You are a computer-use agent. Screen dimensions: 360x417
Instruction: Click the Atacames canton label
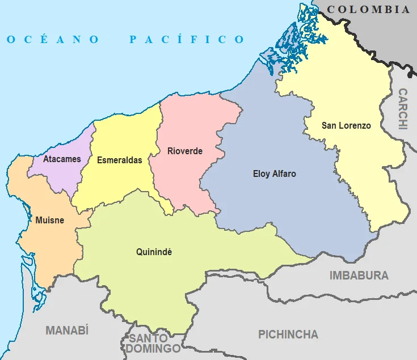coord(62,159)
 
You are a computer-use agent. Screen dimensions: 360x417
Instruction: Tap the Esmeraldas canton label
coord(119,160)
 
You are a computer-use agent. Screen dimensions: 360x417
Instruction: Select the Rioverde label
coord(185,151)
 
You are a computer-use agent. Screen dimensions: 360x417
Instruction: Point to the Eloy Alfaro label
coord(274,174)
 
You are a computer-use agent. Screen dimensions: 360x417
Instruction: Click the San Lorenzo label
coord(346,125)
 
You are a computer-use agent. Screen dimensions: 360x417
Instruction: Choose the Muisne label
coord(49,220)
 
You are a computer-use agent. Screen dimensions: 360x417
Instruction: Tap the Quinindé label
coord(154,251)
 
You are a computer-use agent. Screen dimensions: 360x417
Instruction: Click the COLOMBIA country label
coord(368,9)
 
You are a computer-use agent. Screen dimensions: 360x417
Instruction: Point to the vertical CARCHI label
coord(403,109)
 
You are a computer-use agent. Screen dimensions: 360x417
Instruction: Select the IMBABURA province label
coord(359,276)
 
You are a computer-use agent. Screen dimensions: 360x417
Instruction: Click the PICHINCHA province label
coord(288,334)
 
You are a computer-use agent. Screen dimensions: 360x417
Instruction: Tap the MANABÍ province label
coord(67,331)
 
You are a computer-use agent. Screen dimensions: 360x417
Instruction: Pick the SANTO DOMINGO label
coord(153,344)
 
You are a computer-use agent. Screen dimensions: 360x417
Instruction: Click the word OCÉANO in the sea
coord(53,39)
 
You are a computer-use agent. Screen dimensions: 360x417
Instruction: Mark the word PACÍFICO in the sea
coord(187,39)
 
